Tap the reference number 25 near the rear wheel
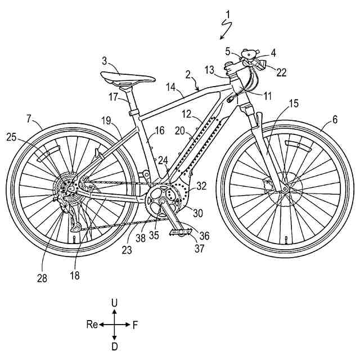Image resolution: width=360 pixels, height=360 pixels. point(12,136)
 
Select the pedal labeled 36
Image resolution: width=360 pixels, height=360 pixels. point(182,231)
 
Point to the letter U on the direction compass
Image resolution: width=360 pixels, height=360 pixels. point(115,303)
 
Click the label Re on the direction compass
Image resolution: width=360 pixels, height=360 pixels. point(92,325)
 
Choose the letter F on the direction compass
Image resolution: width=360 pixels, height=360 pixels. point(136,325)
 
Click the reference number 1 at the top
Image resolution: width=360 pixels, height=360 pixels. point(227,12)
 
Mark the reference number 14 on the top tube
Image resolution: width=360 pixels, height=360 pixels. point(171,87)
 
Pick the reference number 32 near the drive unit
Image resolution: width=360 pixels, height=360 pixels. point(201,184)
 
